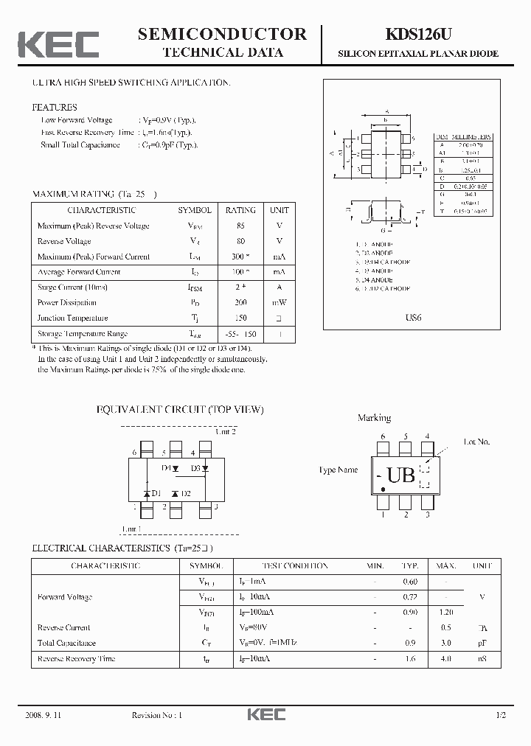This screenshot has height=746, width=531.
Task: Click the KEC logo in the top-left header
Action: click(x=58, y=44)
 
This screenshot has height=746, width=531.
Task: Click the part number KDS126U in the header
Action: click(x=417, y=34)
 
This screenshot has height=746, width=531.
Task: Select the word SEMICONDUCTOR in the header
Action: click(x=222, y=34)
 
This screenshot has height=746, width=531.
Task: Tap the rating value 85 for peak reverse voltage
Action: click(x=240, y=226)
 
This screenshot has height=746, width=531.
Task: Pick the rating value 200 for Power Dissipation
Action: click(x=240, y=303)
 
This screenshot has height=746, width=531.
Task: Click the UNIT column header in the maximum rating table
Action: click(x=280, y=210)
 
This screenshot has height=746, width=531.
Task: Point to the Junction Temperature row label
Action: click(x=72, y=318)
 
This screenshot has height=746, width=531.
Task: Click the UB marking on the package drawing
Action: click(x=400, y=476)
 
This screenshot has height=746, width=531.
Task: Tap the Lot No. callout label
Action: click(x=476, y=442)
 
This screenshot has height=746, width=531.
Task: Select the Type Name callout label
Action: click(x=338, y=470)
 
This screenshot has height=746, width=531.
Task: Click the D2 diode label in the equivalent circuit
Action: click(x=185, y=494)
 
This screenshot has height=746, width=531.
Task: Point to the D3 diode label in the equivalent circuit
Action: click(x=195, y=468)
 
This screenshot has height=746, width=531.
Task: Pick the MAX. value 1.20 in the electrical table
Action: click(x=445, y=613)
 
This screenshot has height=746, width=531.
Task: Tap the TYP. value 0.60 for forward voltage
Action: click(x=409, y=582)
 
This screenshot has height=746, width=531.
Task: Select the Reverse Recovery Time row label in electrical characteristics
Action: click(x=76, y=658)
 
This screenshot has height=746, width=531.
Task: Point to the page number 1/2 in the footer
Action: click(x=502, y=715)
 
